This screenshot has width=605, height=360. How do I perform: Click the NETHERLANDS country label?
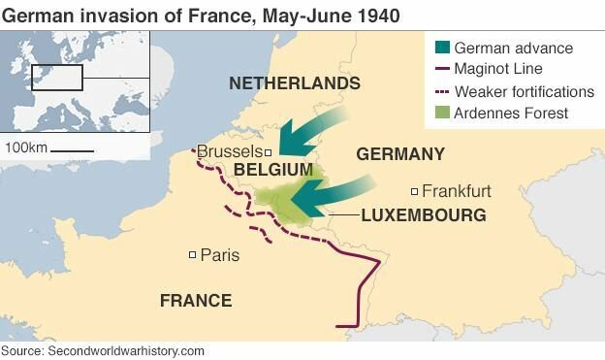[294, 84]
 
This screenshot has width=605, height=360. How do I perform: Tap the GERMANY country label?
[400, 154]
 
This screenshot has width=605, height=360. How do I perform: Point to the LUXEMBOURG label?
[424, 215]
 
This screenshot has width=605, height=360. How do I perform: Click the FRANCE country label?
[196, 301]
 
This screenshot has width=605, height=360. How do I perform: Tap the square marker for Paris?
[192, 255]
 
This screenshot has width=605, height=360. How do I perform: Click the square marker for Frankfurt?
[415, 191]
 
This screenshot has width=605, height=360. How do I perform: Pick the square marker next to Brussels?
[269, 152]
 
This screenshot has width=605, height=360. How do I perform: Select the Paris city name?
[219, 255]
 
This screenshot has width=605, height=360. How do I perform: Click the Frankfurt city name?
[457, 191]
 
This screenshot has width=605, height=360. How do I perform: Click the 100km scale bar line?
[72, 150]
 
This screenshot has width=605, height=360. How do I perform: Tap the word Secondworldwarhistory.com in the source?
[126, 350]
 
